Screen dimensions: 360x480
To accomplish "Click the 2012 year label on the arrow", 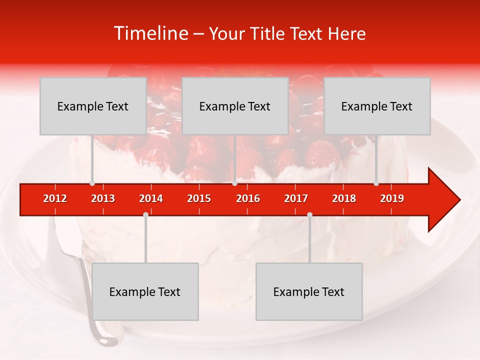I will click(55, 198).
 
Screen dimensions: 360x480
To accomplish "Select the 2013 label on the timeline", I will click(103, 198).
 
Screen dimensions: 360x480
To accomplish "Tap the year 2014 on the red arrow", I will click(151, 198).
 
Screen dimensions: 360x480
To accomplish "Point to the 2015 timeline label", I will click(199, 198).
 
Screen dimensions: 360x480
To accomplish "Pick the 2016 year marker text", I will click(248, 198).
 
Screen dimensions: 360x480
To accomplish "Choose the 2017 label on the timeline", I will click(296, 198).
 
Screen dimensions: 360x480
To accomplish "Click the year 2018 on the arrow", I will click(344, 198).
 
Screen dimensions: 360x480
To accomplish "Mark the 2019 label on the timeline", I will click(392, 198).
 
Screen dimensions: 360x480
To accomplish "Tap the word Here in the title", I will click(346, 33).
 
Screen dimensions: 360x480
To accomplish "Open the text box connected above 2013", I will click(93, 106).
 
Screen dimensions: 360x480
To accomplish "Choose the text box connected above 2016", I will click(235, 106).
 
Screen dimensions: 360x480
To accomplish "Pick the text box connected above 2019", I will click(377, 106).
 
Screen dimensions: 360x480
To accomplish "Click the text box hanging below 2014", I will click(145, 291).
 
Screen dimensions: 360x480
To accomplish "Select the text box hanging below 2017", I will click(309, 291).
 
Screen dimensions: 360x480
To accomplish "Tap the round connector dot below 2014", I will click(145, 214).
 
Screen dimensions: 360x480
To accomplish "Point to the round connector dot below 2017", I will click(309, 214).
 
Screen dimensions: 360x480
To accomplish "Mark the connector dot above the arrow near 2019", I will click(376, 183).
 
